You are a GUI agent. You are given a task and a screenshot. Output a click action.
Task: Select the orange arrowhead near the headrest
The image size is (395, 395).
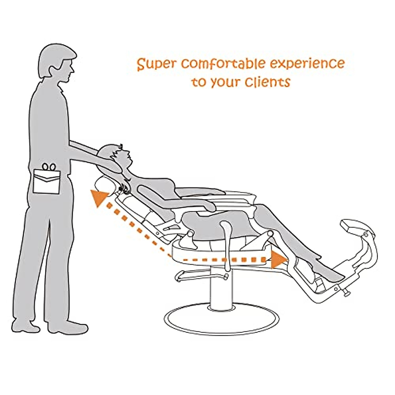(x=99, y=198)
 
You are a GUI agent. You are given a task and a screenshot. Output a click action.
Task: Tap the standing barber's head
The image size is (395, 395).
(x=56, y=64)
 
